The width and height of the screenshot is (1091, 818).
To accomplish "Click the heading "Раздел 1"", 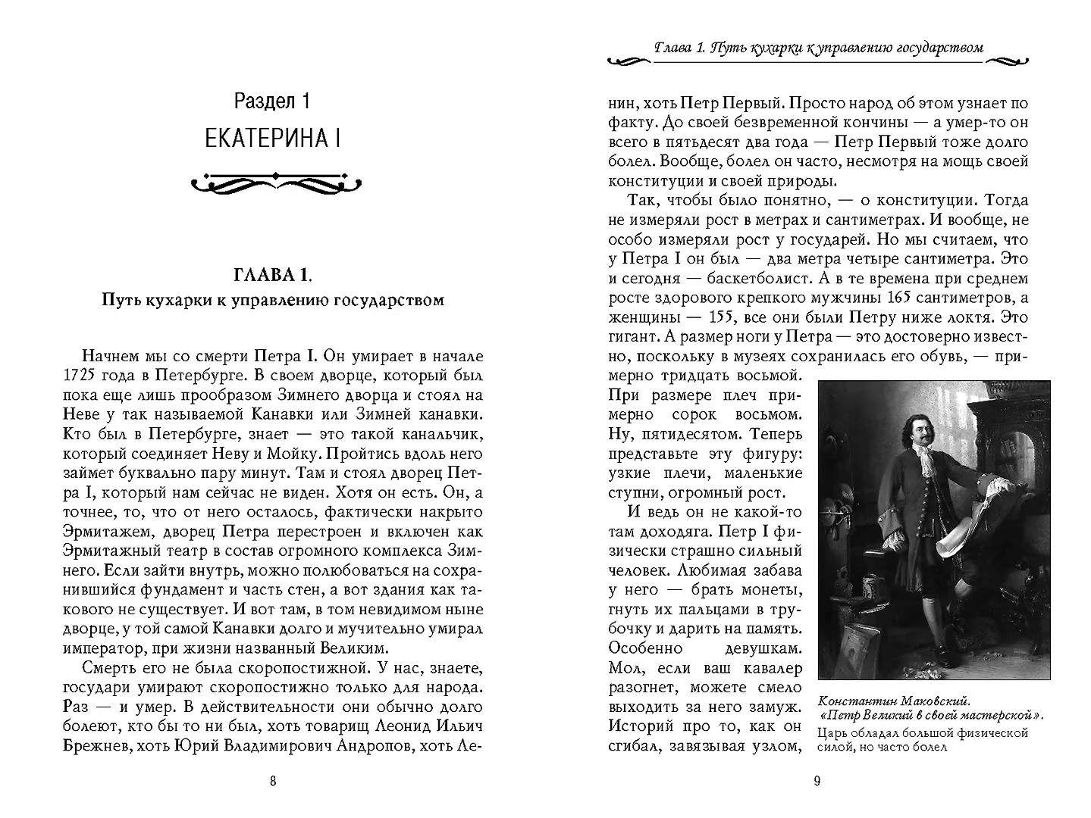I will (x=272, y=101).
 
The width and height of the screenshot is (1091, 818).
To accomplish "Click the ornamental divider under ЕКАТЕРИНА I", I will (x=274, y=182).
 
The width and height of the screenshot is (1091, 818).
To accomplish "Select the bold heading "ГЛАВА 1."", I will (x=273, y=273).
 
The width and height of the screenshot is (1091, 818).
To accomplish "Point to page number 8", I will (x=273, y=782).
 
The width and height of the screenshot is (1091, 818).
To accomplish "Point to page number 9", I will (x=817, y=782).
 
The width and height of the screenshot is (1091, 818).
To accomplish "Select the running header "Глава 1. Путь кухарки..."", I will (x=819, y=48).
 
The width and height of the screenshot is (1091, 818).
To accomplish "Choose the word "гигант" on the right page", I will (x=630, y=336).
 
